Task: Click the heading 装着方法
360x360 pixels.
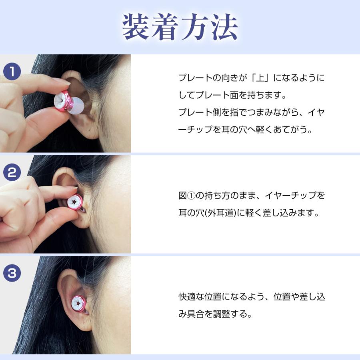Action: coord(180,27)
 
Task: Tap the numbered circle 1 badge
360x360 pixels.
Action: coord(12,72)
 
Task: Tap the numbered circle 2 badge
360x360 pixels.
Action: coord(12,173)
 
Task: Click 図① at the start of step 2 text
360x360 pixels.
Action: coord(186,196)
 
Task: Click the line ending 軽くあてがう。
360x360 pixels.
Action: coord(245,130)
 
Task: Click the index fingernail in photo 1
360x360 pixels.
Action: coord(62,81)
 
